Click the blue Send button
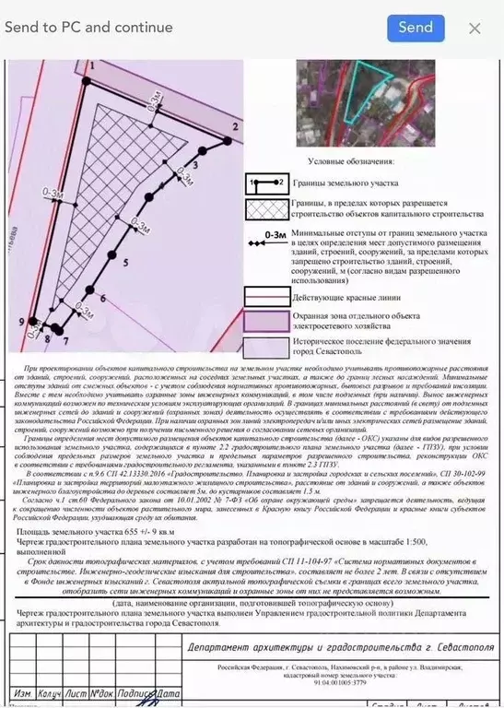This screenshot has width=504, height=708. [415, 27]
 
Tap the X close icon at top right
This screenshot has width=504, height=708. [475, 28]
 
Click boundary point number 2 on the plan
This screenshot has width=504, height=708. [235, 124]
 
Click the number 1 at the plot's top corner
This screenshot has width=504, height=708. [92, 66]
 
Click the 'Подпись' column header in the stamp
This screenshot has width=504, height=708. [135, 692]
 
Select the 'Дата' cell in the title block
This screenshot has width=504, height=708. [168, 692]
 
